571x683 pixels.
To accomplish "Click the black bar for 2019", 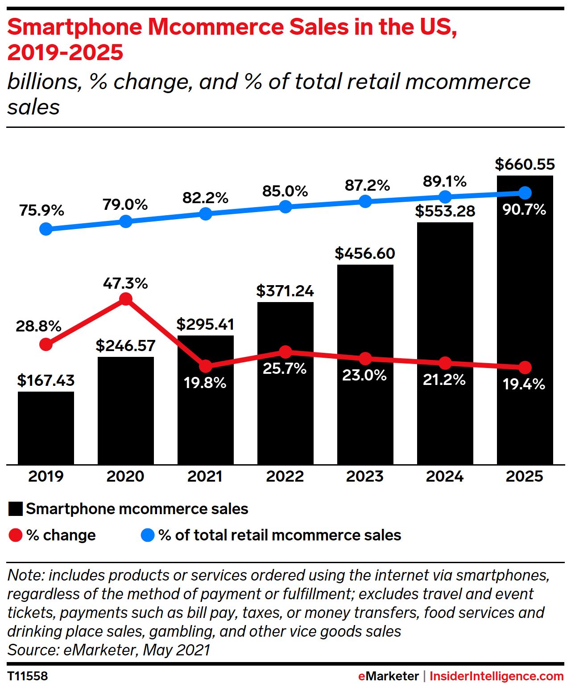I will pos(46,428).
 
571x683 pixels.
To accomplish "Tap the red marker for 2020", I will pos(126,299).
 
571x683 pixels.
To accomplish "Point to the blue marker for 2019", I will pos(46,229).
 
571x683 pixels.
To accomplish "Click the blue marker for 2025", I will pos(525,193).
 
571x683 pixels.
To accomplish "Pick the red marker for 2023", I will pos(365,358).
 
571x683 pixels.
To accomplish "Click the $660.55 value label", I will pos(525,164).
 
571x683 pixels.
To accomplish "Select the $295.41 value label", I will pos(205,324).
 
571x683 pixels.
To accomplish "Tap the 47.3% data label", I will pos(125,283).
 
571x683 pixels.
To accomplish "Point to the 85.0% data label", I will pos(285,191).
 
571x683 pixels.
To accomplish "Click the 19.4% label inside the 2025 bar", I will pos(524,384).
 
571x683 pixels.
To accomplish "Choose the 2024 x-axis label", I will pos(445,476).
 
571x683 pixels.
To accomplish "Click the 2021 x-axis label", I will pos(205,476).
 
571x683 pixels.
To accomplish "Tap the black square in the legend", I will pos(16,509).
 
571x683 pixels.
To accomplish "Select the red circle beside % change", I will pos(16,535).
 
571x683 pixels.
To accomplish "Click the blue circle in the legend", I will pos(148,535).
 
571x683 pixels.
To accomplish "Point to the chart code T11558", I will pos(28,676).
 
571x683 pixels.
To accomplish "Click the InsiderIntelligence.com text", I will pos(497,676).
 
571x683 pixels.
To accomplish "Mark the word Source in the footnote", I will pos(32,650).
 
